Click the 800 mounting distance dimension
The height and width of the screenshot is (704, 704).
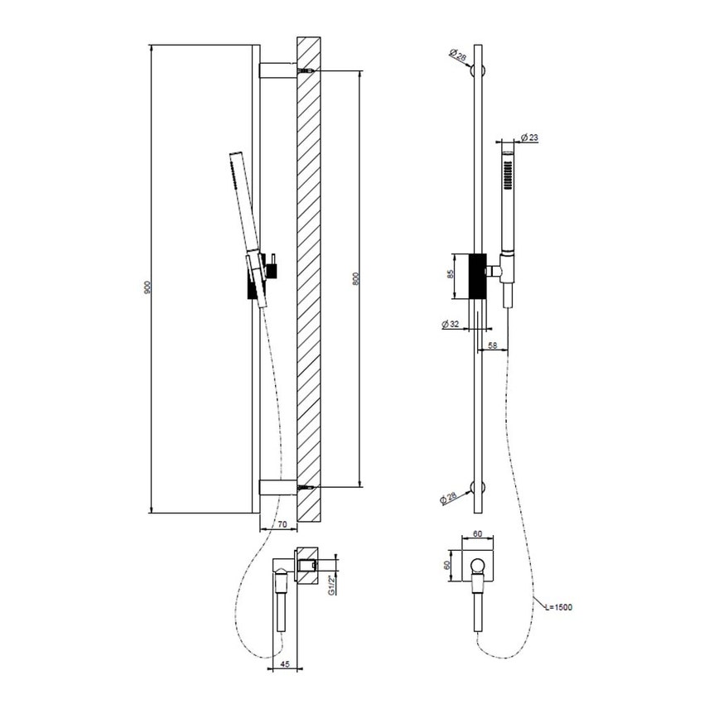pos(356,280)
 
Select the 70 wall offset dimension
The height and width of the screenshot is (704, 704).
pos(282,524)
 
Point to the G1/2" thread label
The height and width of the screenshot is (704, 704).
pos(332,585)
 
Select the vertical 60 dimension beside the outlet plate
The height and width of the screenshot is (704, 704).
pos(448,567)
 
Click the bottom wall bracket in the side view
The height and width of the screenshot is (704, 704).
pos(277,487)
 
